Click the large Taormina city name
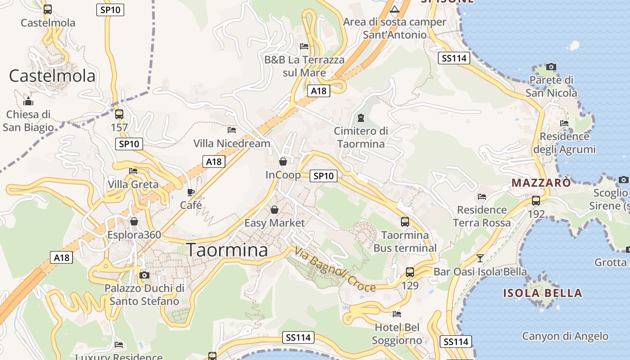click(x=227, y=250)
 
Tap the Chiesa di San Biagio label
click(x=28, y=121)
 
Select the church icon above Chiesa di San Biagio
click(x=28, y=101)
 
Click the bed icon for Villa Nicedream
click(x=232, y=130)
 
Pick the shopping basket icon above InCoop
click(x=283, y=162)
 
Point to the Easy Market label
click(x=274, y=223)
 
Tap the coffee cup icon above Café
click(x=191, y=192)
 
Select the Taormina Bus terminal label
click(x=405, y=241)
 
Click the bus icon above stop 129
click(x=410, y=272)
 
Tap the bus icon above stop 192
click(x=536, y=201)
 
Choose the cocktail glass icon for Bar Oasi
click(x=480, y=258)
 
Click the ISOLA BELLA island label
click(x=542, y=293)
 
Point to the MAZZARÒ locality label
click(x=541, y=183)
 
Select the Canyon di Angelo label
click(x=565, y=336)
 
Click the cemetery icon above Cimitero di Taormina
click(x=360, y=118)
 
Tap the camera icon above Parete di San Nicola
click(x=551, y=67)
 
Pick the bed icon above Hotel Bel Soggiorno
click(x=397, y=314)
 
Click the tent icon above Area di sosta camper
click(x=395, y=9)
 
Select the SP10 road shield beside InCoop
click(x=324, y=176)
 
